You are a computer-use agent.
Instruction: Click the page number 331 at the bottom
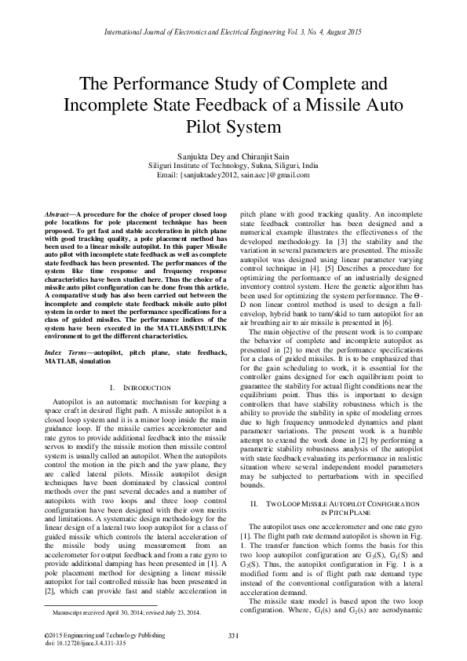tap(233, 634)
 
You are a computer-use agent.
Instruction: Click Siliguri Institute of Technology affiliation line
tap(233, 166)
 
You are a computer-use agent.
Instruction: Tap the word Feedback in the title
tap(235, 104)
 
